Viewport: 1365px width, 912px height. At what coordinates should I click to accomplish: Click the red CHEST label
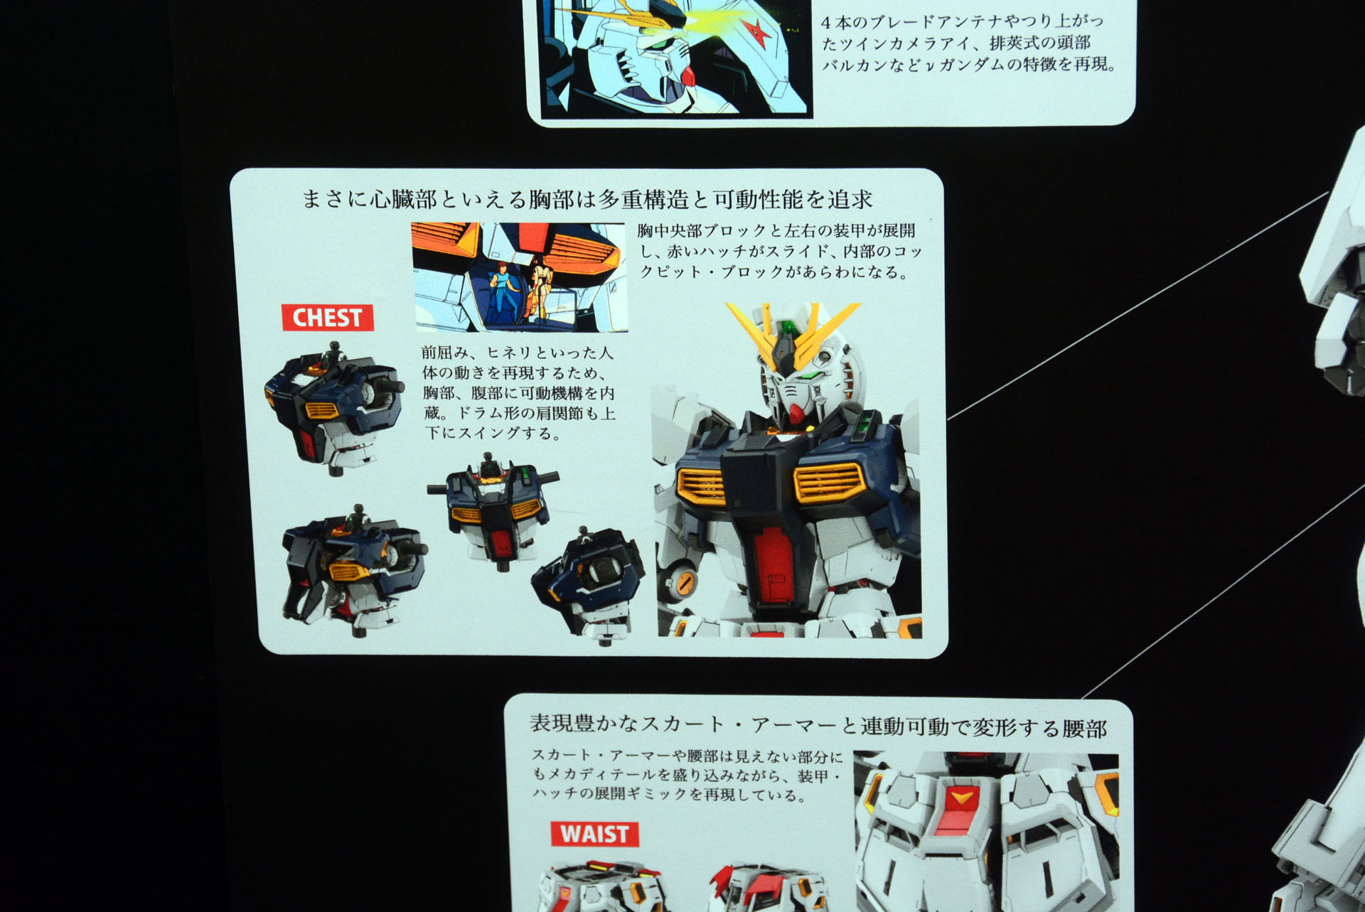coord(328,317)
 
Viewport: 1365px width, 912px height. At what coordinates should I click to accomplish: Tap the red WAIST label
coord(594,833)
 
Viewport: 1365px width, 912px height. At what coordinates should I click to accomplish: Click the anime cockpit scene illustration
coord(520,277)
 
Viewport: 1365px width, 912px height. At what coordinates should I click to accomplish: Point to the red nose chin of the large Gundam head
coord(796,412)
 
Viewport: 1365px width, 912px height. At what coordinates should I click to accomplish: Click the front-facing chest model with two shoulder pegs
coord(493,510)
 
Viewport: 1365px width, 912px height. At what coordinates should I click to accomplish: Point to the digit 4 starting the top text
coord(827,23)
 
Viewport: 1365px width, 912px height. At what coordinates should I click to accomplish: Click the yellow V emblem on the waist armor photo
coord(960,798)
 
